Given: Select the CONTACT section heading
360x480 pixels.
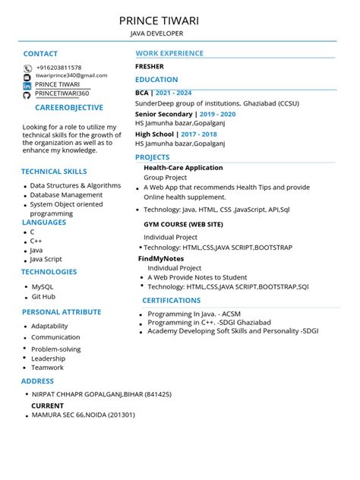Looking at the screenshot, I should (x=40, y=54).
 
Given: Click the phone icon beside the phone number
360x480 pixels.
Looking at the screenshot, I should (x=27, y=68).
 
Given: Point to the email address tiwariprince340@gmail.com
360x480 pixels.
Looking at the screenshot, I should (x=71, y=76).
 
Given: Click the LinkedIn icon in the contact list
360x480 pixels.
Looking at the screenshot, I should (x=27, y=85).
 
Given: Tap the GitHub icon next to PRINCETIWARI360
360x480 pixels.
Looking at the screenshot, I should (x=27, y=94).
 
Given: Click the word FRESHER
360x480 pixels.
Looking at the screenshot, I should (x=149, y=67).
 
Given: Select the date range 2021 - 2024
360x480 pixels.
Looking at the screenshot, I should (x=175, y=93).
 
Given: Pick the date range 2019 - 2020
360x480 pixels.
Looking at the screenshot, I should (x=219, y=114).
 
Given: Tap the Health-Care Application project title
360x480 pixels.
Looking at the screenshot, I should (x=183, y=168).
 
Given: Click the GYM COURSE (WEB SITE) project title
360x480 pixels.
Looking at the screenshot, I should (x=183, y=225).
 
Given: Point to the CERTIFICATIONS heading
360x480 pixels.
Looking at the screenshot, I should (x=172, y=301).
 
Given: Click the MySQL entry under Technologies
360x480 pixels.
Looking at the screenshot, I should (x=42, y=287).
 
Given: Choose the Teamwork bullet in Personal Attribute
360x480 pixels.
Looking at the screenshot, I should (x=47, y=368).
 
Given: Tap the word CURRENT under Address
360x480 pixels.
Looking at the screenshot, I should (x=47, y=406).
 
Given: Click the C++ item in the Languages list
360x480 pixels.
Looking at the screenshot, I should (x=36, y=241).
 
